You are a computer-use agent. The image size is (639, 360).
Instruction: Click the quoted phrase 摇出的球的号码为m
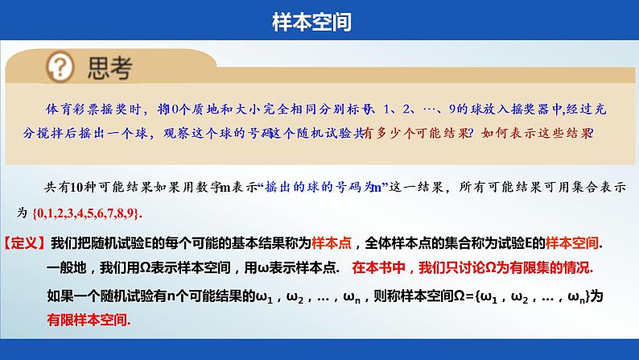[321, 188]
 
